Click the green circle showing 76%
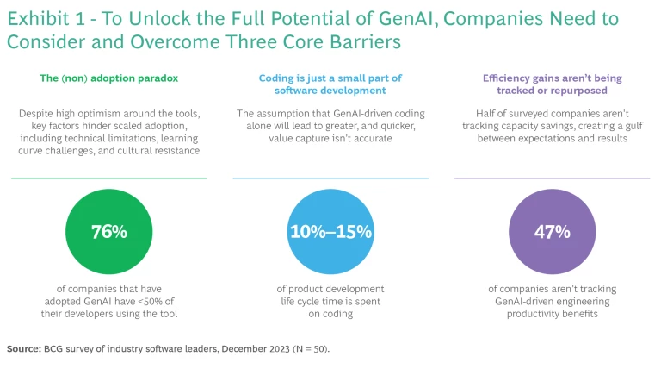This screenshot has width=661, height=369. tap(109, 232)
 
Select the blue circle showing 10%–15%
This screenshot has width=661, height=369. tap(330, 232)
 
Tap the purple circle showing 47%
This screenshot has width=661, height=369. tap(552, 232)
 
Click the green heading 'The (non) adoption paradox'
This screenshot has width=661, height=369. tap(108, 78)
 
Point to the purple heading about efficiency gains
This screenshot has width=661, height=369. tap(552, 84)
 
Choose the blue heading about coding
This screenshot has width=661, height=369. tap(330, 84)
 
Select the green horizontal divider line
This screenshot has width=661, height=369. tap(109, 178)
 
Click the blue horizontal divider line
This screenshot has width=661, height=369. tap(330, 178)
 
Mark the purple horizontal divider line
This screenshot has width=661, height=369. tap(552, 178)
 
